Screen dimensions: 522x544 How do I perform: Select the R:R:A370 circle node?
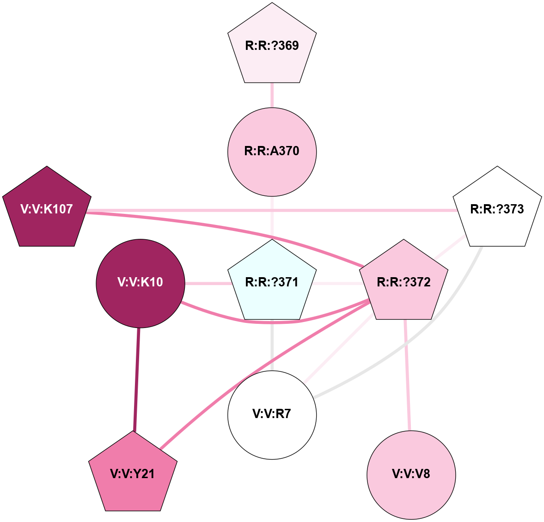tap(272, 152)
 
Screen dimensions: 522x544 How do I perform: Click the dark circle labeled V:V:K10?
tap(140, 283)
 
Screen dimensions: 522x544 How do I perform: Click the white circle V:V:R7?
tap(272, 414)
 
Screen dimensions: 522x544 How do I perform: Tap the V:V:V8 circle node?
tap(411, 474)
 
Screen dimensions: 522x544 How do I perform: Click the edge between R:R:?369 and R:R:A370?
tap(272, 96)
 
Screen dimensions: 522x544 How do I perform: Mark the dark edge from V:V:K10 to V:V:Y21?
tap(137, 379)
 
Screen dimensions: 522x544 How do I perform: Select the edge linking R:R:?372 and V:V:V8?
tap(407, 374)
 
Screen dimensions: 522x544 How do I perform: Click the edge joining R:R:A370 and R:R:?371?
tap(272, 217)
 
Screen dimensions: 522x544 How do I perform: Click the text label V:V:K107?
tap(47, 209)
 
